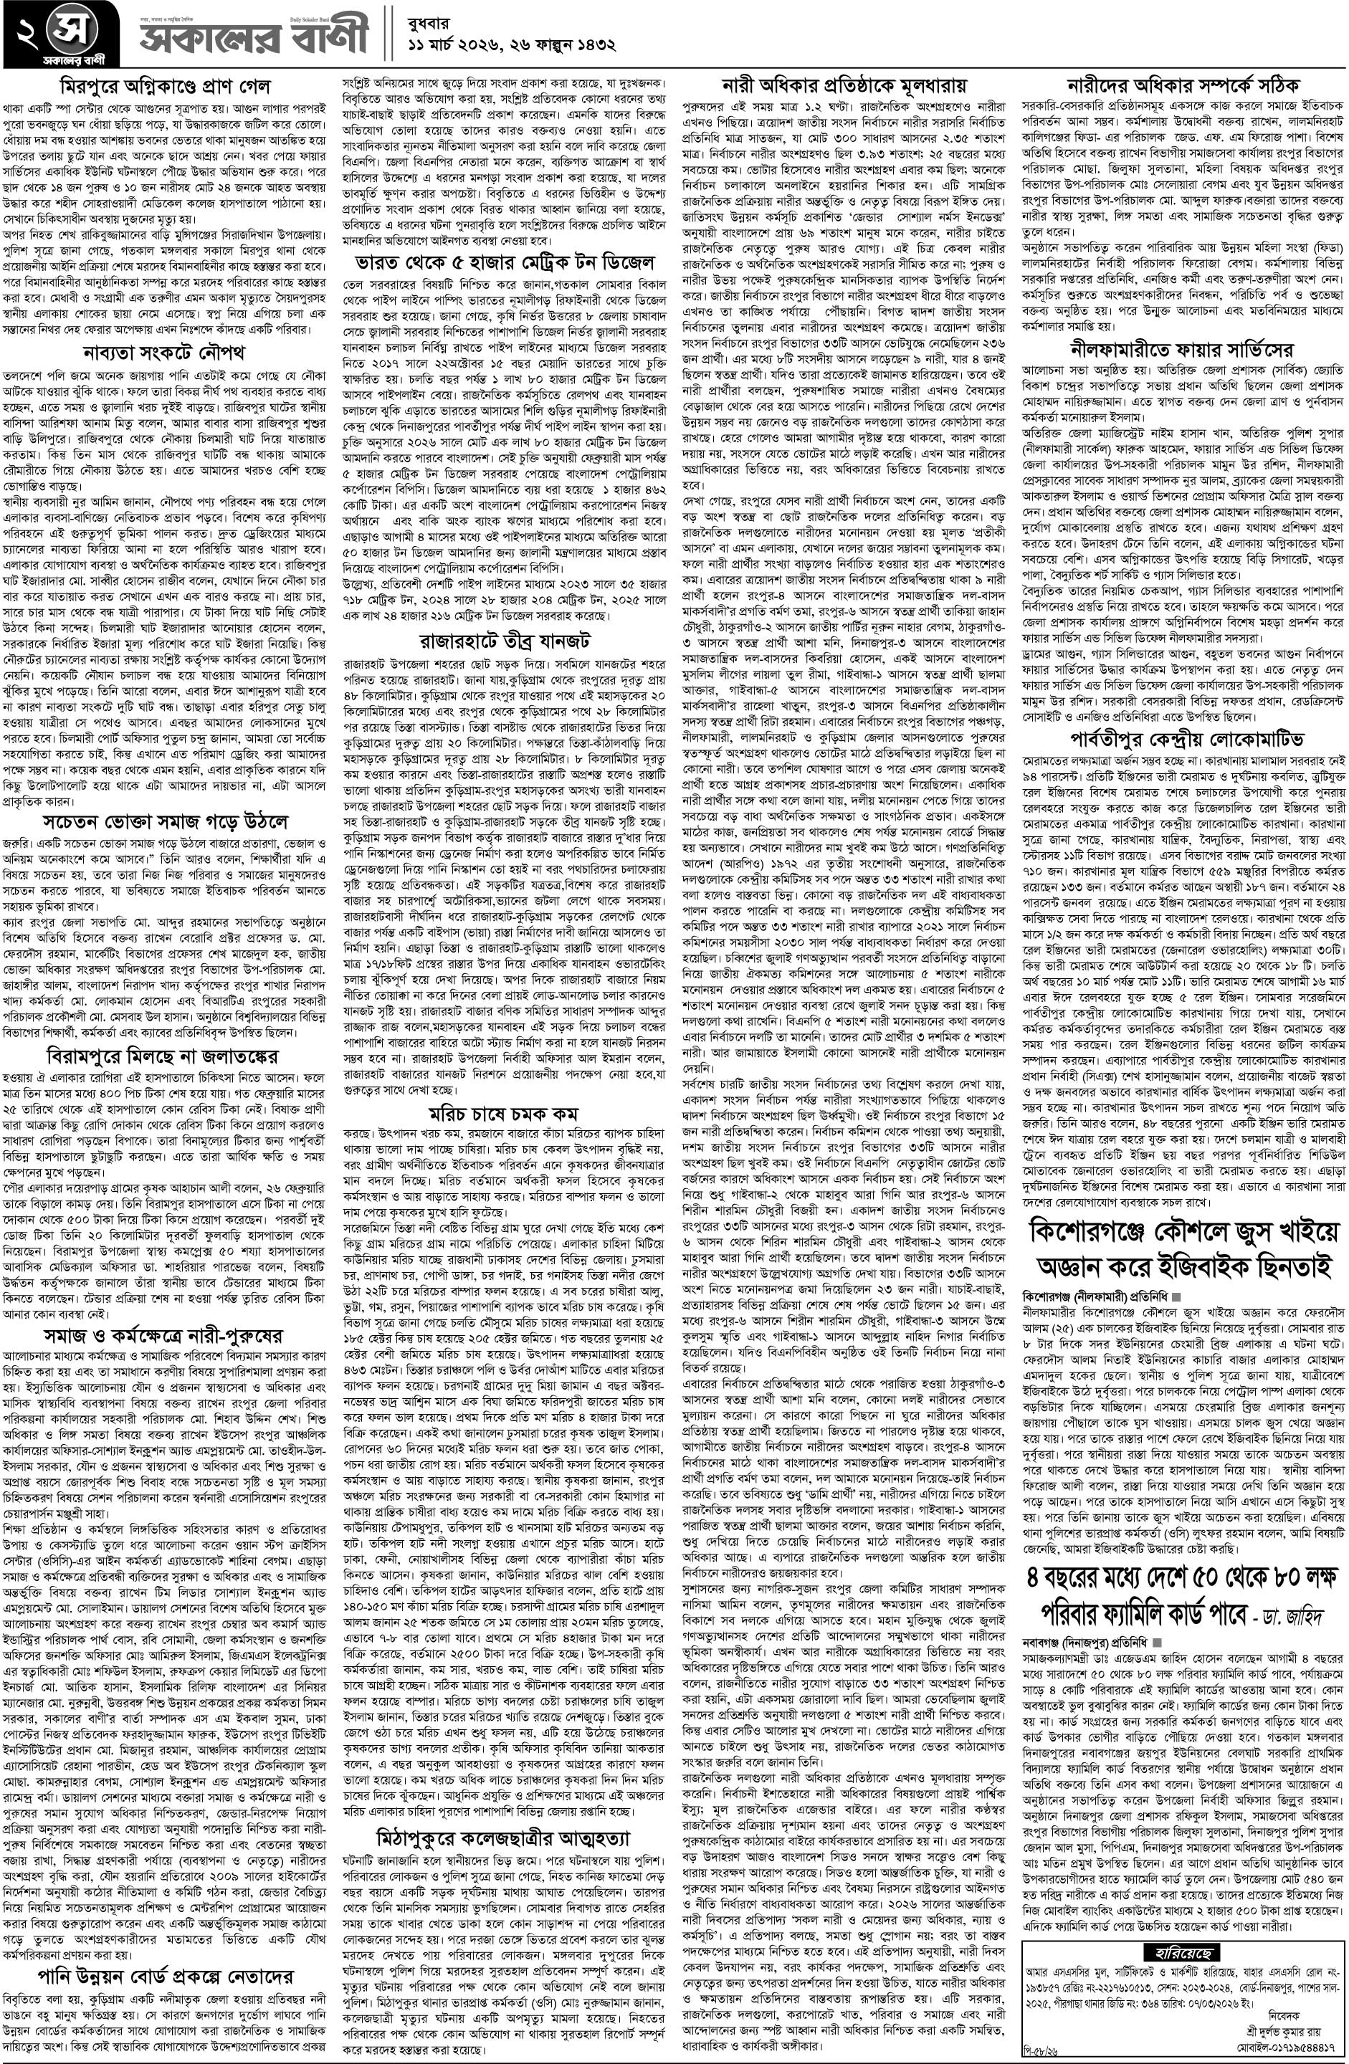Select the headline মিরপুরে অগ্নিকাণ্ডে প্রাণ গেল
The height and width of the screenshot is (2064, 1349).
165,87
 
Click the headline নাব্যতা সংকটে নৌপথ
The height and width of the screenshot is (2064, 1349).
165,353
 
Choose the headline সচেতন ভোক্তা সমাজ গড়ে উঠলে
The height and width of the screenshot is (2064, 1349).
165,821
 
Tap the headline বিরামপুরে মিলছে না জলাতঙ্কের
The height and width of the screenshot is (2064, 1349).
165,1056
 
